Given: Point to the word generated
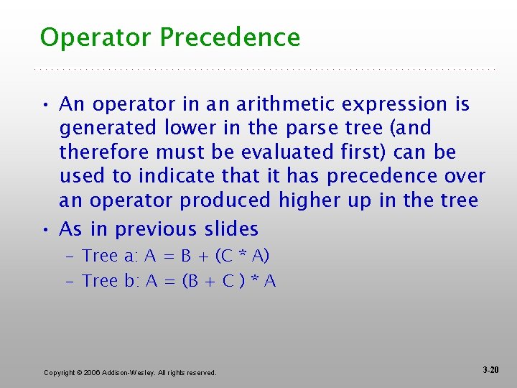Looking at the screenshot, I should (x=108, y=129).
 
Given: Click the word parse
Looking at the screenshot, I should (x=327, y=129).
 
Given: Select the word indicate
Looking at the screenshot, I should (x=172, y=176).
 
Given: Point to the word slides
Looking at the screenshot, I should (x=230, y=229).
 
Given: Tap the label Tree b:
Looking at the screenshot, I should (x=111, y=281).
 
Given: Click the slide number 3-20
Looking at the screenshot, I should (x=491, y=370).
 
